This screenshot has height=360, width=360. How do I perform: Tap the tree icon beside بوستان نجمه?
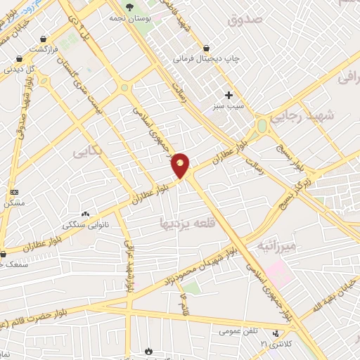(129, 7)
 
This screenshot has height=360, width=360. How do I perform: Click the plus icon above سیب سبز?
(229, 95)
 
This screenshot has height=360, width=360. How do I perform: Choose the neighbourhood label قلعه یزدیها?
(185, 224)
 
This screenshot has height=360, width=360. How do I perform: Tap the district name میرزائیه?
(281, 246)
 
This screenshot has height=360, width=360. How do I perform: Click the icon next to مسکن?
(13, 192)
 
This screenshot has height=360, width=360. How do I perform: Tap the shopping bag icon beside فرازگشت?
(44, 39)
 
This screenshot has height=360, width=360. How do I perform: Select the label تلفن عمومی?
(238, 330)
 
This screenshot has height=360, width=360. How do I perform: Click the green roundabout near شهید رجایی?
(262, 126)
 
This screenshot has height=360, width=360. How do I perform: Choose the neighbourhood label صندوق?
(244, 19)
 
